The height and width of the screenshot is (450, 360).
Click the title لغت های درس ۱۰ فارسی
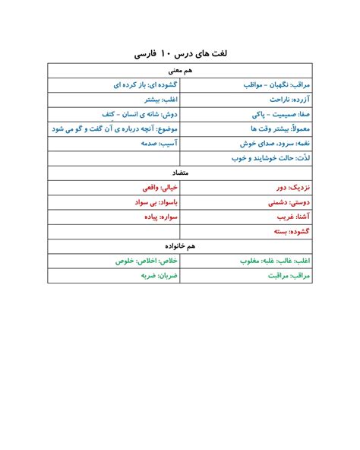[x=180, y=55]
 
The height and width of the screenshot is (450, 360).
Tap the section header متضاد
[x=180, y=173]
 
